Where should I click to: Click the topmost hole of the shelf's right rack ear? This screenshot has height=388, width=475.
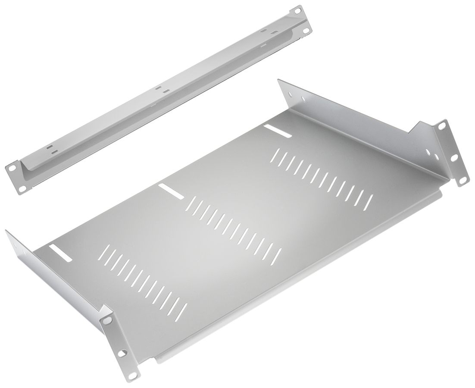point(441,125)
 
